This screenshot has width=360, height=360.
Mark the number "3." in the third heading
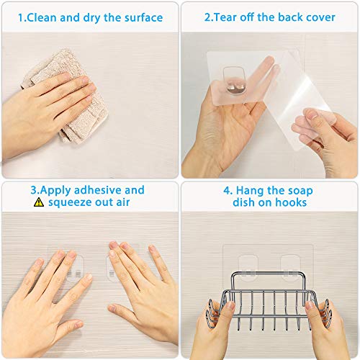[34, 190]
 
